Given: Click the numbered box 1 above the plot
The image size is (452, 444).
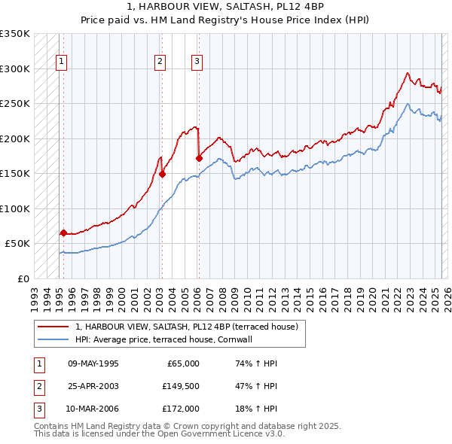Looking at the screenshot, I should [60, 62].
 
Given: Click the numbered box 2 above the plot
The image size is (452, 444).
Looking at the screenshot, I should [160, 62].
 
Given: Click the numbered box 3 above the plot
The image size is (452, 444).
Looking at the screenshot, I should [197, 62].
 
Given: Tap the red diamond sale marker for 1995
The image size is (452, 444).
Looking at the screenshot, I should [63, 233].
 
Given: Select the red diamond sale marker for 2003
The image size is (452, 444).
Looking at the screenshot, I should [163, 174].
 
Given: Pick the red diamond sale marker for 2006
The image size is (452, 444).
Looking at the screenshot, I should [199, 158].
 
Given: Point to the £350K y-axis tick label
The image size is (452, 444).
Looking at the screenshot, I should [15, 34].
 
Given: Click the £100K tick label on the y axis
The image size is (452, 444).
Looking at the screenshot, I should [15, 208].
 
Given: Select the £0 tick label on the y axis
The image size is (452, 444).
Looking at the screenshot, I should [23, 278].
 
